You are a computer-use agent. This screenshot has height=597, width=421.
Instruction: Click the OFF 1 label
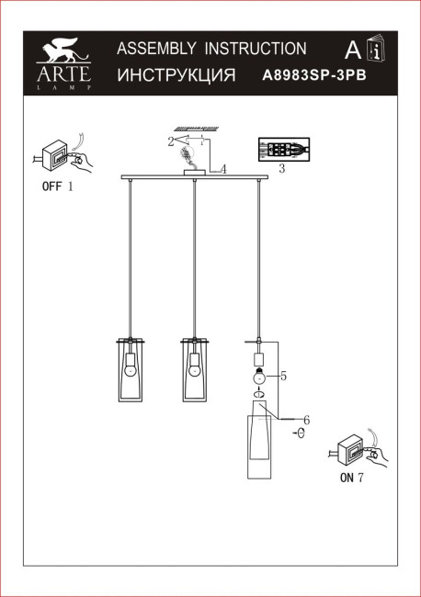coord(56,186)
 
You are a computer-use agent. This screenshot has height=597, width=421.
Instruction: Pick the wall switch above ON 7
coord(355,450)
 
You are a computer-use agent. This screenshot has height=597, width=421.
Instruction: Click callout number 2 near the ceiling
coord(170,141)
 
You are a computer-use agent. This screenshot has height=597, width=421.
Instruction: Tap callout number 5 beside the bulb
coord(284,376)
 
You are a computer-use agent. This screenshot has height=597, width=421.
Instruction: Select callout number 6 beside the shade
coord(307,420)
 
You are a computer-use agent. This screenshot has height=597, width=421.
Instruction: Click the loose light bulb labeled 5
coord(259,376)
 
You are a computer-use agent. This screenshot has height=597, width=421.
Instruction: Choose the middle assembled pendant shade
coord(194,370)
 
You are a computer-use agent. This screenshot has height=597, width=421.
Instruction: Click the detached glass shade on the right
coord(259,447)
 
